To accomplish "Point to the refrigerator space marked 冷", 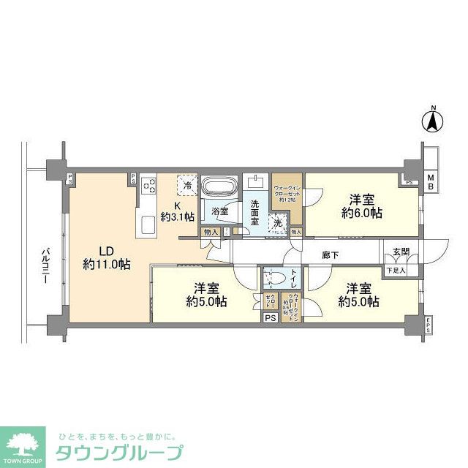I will pyautogui.click(x=187, y=184).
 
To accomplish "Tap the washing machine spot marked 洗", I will pyautogui.click(x=279, y=224).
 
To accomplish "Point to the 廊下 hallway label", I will pyautogui.click(x=331, y=255).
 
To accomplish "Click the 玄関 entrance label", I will pyautogui.click(x=400, y=252).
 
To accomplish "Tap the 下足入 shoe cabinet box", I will pyautogui.click(x=397, y=271).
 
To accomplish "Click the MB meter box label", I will pyautogui.click(x=431, y=183).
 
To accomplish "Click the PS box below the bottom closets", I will pyautogui.click(x=269, y=317).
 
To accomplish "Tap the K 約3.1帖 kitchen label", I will pyautogui.click(x=178, y=211).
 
